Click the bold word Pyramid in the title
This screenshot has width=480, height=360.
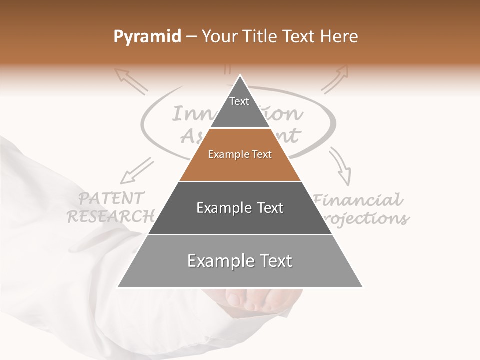147,37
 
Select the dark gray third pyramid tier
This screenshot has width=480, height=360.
240,208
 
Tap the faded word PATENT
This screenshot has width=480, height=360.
112,199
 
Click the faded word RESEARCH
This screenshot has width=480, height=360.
111,217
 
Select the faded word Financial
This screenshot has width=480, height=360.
358,201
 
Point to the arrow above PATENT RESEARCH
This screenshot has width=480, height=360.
136,171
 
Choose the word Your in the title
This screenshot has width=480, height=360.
218,37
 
